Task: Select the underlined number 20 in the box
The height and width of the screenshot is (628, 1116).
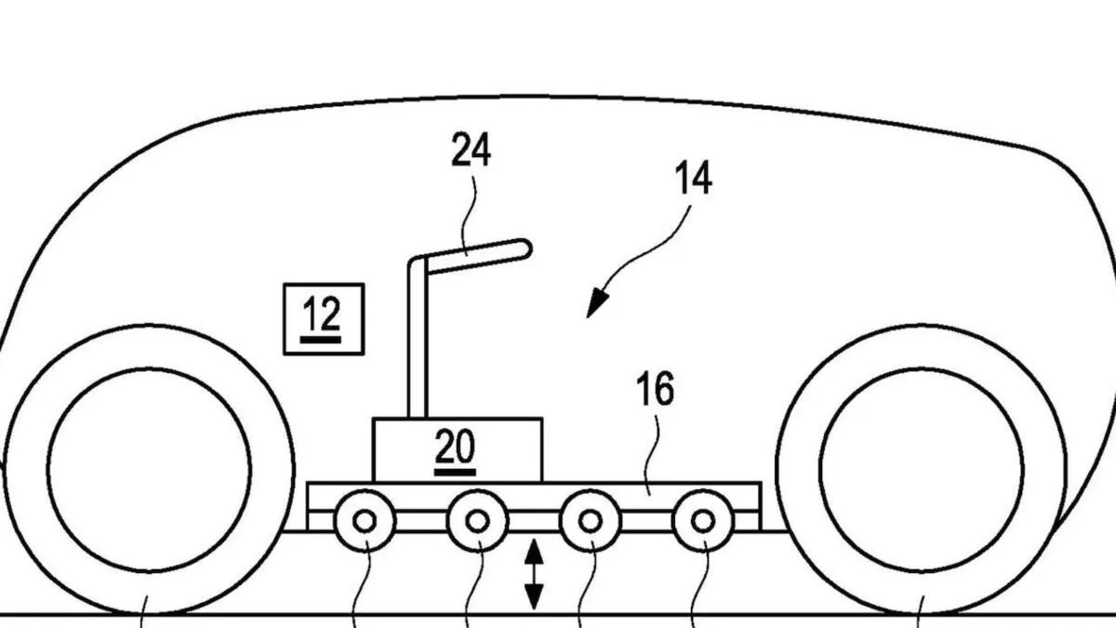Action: pyautogui.click(x=456, y=450)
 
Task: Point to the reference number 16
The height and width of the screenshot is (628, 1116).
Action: pyautogui.click(x=656, y=391)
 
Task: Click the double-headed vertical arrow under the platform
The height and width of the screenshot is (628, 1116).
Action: pyautogui.click(x=534, y=577)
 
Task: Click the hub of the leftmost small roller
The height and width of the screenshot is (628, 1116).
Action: pyautogui.click(x=365, y=521)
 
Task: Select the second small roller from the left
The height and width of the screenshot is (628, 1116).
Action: pyautogui.click(x=477, y=521)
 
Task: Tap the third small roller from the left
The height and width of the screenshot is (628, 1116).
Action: pyautogui.click(x=590, y=521)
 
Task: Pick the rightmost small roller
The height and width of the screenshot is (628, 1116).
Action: pyautogui.click(x=703, y=521)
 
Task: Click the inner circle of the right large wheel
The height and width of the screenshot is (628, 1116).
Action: pyautogui.click(x=921, y=470)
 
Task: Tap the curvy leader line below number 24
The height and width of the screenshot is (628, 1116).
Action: pyautogui.click(x=474, y=209)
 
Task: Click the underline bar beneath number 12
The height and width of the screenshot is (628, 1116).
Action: pyautogui.click(x=322, y=341)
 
